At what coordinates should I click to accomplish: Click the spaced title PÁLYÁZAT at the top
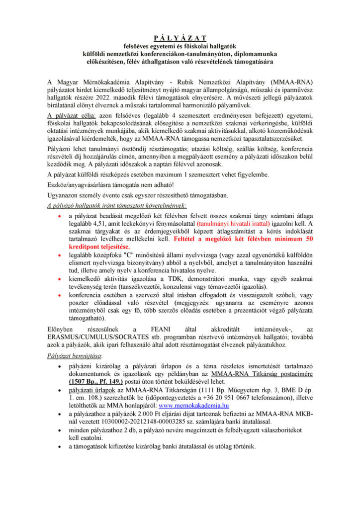point(180,37)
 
